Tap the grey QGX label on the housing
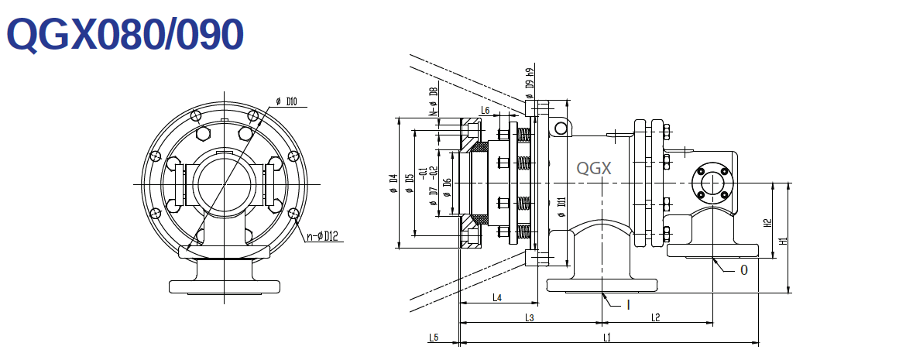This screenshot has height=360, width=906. pyautogui.click(x=595, y=168)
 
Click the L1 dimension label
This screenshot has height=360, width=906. pyautogui.click(x=608, y=338)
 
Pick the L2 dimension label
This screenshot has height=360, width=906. pyautogui.click(x=655, y=317)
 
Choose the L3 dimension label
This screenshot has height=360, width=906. pyautogui.click(x=530, y=317)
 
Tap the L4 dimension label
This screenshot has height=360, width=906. pyautogui.click(x=497, y=297)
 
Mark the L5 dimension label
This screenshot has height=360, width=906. pyautogui.click(x=434, y=338)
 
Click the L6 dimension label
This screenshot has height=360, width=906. pyautogui.click(x=485, y=111)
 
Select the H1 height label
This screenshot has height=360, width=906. pyautogui.click(x=784, y=241)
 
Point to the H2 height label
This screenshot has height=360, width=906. pyautogui.click(x=767, y=221)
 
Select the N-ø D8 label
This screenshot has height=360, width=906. pyautogui.click(x=434, y=101)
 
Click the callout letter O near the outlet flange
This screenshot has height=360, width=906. pyautogui.click(x=744, y=270)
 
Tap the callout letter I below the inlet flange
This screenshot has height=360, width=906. pyautogui.click(x=628, y=304)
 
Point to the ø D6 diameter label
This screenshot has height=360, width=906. pyautogui.click(x=447, y=187)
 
